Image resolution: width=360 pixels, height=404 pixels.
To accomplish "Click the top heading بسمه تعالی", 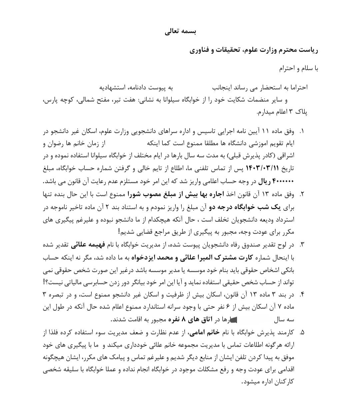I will [180, 32].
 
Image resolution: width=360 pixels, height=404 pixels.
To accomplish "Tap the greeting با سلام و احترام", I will [299, 69].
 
